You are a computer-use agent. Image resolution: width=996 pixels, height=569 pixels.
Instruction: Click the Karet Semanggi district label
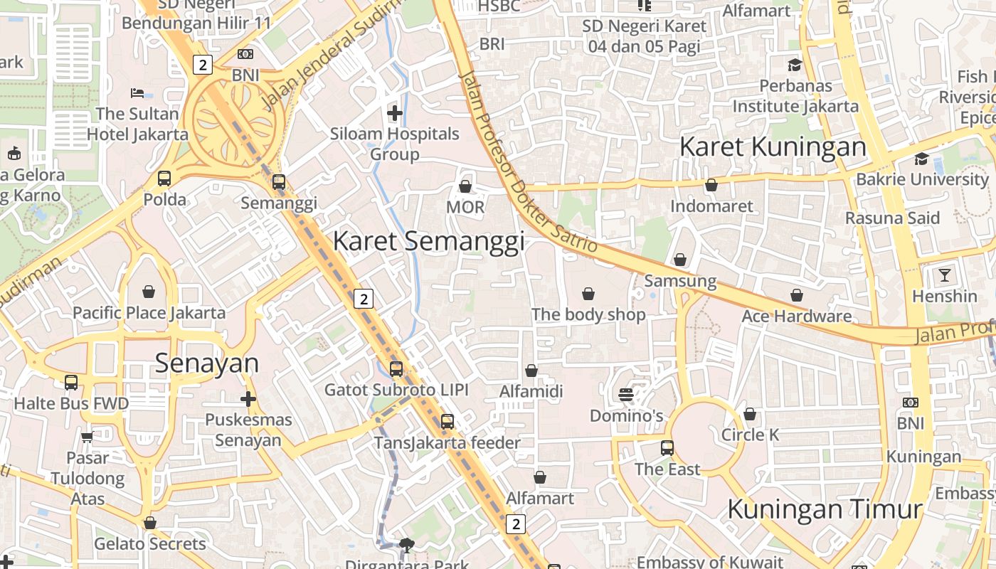click(x=428, y=240)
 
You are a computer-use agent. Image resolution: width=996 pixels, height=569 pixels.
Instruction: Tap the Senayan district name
click(x=206, y=363)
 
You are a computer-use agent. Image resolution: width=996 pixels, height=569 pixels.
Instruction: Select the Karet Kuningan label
click(x=773, y=147)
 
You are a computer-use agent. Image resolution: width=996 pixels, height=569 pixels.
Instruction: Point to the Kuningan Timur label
click(x=825, y=509)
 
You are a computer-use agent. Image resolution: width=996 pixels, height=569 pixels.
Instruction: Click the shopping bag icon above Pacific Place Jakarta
click(x=149, y=292)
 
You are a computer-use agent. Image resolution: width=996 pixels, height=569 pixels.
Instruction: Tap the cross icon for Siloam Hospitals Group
click(x=395, y=112)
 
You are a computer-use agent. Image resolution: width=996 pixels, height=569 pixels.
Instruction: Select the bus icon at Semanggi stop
click(x=279, y=182)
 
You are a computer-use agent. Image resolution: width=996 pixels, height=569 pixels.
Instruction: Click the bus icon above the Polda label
click(x=164, y=179)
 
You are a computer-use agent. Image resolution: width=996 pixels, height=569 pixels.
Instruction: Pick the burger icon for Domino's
click(x=626, y=394)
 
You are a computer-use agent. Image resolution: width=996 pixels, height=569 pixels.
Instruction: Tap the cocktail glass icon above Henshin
click(x=944, y=275)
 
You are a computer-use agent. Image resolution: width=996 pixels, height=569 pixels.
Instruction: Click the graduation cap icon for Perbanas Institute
click(x=795, y=65)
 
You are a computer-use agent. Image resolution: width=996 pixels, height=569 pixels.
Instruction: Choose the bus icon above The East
click(x=667, y=447)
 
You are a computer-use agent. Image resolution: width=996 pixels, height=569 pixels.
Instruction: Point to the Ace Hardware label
click(x=796, y=317)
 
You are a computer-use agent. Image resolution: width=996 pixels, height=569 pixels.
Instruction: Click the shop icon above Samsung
click(x=680, y=260)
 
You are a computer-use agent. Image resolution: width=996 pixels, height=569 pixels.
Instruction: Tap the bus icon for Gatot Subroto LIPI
click(x=396, y=369)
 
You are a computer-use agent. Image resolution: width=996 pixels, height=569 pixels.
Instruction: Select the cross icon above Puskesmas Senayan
click(x=248, y=399)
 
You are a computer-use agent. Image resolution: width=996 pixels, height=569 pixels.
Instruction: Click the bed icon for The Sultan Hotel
click(x=137, y=93)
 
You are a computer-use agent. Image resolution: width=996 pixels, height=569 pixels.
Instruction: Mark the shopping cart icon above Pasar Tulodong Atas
click(x=87, y=437)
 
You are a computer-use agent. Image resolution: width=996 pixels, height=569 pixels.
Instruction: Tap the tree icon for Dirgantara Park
click(x=406, y=546)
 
